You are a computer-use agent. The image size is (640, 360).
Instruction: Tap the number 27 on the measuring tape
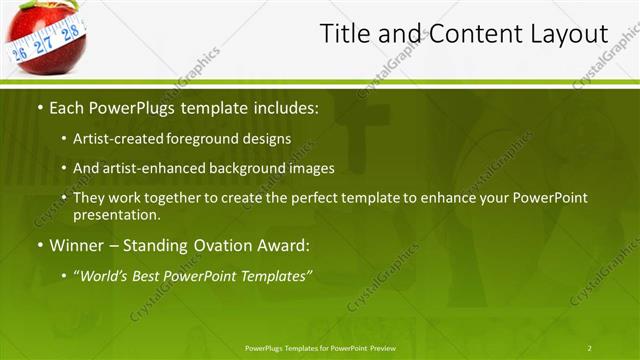[43, 45]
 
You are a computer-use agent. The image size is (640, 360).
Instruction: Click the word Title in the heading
[342, 34]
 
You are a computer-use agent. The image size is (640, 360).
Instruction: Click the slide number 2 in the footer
[589, 347]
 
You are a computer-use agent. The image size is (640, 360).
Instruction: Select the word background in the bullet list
[249, 168]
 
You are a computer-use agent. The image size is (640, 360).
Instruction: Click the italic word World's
[104, 274]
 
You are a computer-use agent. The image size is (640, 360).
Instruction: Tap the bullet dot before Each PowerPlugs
[39, 106]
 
